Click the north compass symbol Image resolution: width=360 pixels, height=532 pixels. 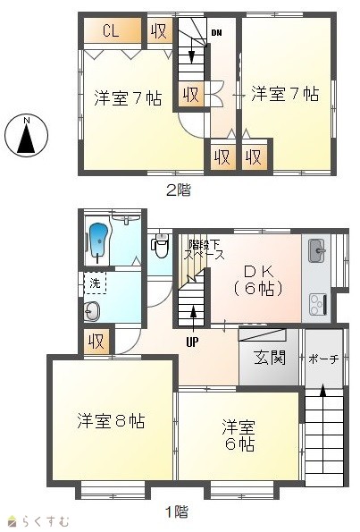[26, 135]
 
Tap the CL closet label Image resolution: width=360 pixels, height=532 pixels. [111, 31]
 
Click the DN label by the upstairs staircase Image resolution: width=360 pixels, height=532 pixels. [216, 33]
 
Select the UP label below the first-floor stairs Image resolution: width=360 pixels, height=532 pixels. [192, 342]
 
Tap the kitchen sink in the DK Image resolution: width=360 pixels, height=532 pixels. [316, 250]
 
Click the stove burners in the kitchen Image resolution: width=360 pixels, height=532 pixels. [318, 304]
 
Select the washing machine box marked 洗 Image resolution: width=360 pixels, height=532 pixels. [95, 283]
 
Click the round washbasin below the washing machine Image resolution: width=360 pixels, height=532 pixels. [91, 311]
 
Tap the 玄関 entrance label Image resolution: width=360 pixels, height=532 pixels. [270, 357]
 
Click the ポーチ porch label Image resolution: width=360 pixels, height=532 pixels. [323, 359]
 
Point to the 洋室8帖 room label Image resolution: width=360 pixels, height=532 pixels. [111, 421]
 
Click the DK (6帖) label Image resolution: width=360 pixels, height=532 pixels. [258, 280]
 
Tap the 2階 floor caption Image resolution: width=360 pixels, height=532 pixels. [179, 190]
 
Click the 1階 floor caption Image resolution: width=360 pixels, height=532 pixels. [177, 511]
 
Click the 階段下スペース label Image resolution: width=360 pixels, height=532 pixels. [204, 249]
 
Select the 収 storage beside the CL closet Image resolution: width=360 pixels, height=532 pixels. [159, 31]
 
